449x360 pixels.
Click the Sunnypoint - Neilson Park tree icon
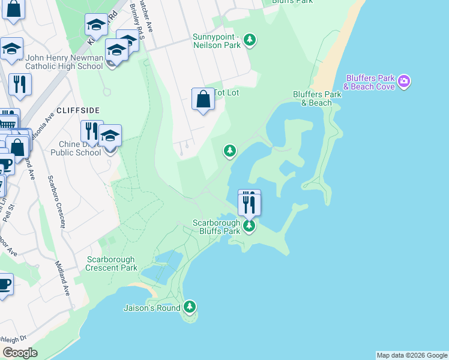coord(250,40)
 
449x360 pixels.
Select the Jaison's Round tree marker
coord(190,307)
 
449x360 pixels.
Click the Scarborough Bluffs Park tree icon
coord(249,226)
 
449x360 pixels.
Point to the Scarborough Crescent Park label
coord(112,263)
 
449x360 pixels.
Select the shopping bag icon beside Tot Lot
coord(203,99)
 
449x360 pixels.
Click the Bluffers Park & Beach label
coord(312,98)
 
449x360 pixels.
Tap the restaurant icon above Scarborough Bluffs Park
coord(249,203)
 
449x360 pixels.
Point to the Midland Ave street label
coord(62,278)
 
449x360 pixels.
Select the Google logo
coord(20,353)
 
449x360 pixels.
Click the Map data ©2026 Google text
coord(412,355)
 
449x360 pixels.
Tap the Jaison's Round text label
coord(152,308)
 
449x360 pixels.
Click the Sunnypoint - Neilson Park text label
coord(216,40)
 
